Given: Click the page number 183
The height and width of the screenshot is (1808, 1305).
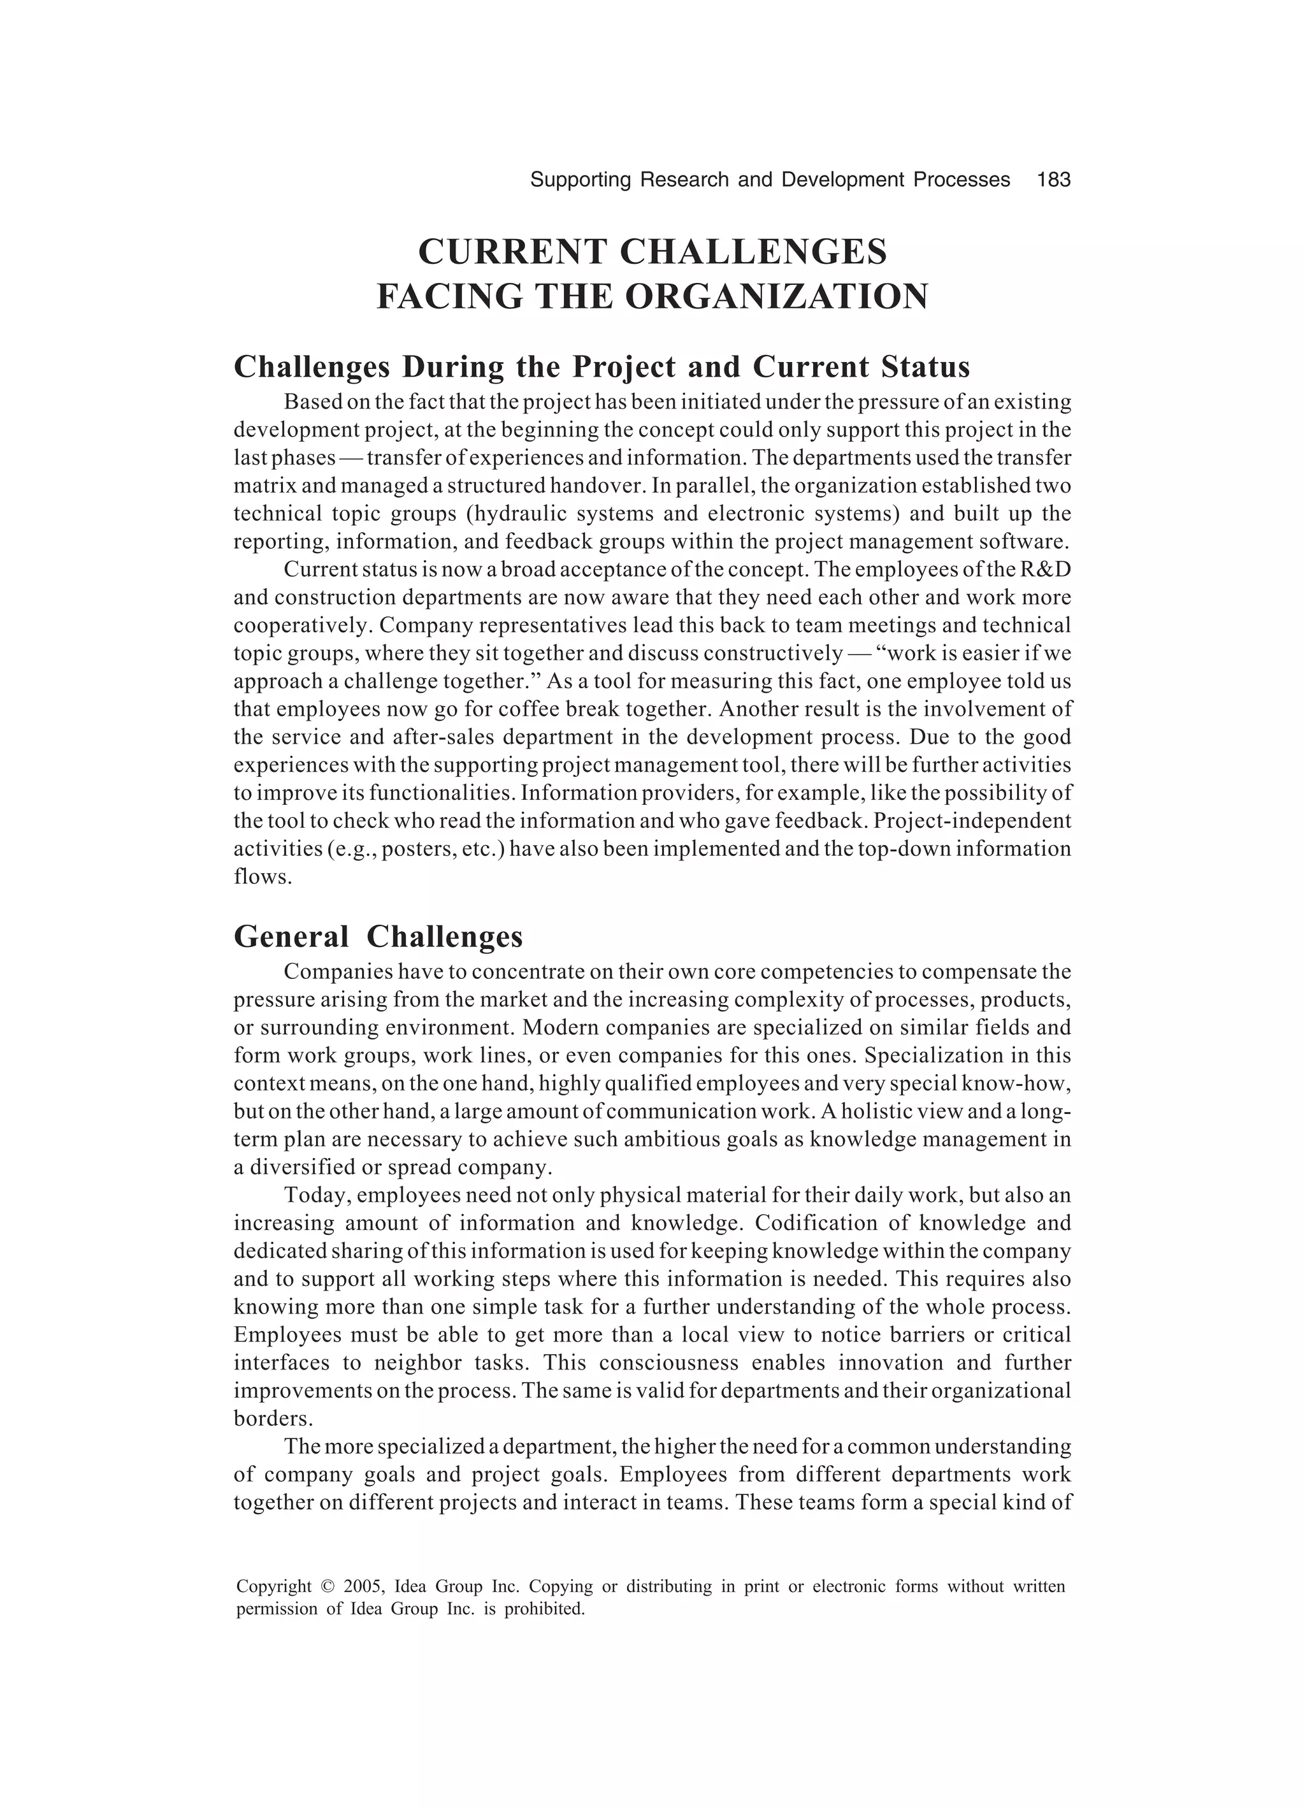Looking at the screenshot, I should click(1054, 180).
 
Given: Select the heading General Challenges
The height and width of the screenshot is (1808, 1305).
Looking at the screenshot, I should click(378, 936).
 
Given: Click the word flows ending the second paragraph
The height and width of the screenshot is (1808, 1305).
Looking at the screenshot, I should click(260, 876).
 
